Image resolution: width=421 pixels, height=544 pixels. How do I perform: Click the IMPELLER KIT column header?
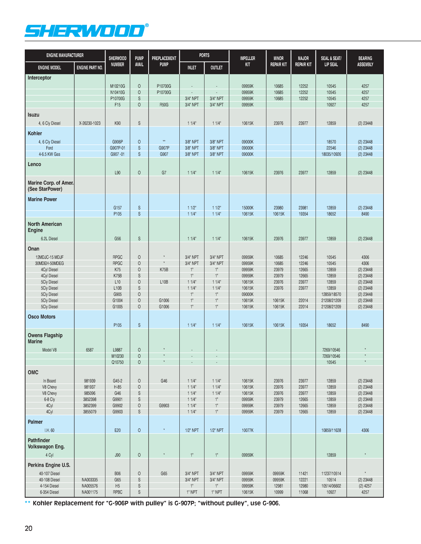click(247, 61)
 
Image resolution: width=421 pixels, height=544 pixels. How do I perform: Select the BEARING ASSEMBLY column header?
click(365, 61)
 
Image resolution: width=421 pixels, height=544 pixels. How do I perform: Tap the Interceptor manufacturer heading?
click(40, 78)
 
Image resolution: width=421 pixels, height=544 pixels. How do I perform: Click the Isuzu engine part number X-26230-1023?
click(90, 123)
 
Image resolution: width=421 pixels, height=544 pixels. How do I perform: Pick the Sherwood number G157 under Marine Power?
click(117, 208)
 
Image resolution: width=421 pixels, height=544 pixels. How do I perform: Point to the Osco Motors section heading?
click(42, 317)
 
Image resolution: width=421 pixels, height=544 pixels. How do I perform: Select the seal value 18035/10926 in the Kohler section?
click(331, 154)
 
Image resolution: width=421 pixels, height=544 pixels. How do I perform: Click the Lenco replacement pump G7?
click(164, 173)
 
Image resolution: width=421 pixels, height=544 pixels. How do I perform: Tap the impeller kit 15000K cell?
click(247, 208)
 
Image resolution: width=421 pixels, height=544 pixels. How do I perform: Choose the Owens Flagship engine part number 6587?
click(90, 350)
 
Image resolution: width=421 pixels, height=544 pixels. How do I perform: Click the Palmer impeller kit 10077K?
click(247, 430)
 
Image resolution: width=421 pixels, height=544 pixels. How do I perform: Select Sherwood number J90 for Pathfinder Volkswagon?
click(117, 455)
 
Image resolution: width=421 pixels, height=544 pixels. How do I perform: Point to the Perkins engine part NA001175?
click(90, 492)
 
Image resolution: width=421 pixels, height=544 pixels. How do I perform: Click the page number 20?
click(29, 528)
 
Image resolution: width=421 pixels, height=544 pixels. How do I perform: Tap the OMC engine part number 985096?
click(90, 393)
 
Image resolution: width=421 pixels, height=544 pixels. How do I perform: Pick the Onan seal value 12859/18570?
click(331, 294)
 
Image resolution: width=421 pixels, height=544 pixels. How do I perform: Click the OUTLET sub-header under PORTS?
click(217, 67)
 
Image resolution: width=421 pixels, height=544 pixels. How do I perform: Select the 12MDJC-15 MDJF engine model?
click(50, 257)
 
